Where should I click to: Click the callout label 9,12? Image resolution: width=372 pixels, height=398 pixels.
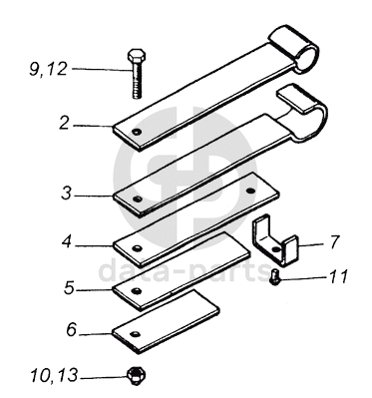pyautogui.click(x=48, y=70)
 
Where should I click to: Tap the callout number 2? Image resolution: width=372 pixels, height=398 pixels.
pyautogui.click(x=64, y=123)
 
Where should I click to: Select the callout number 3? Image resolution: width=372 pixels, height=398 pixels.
pyautogui.click(x=66, y=193)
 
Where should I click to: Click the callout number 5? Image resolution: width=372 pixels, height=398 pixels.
pyautogui.click(x=69, y=287)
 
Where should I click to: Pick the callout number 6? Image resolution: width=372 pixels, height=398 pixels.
pyautogui.click(x=72, y=330)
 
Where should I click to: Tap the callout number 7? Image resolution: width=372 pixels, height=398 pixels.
pyautogui.click(x=334, y=242)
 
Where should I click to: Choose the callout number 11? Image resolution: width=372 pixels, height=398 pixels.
pyautogui.click(x=338, y=276)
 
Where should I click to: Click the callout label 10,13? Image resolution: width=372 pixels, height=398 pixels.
pyautogui.click(x=54, y=376)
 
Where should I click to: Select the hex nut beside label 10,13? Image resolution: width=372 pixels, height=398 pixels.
pyautogui.click(x=137, y=376)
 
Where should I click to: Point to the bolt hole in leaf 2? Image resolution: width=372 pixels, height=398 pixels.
pyautogui.click(x=136, y=132)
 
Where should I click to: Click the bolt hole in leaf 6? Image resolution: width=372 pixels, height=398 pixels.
pyautogui.click(x=135, y=334)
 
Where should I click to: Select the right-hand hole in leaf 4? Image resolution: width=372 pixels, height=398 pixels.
pyautogui.click(x=250, y=191)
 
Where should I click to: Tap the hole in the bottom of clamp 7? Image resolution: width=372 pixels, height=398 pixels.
pyautogui.click(x=275, y=249)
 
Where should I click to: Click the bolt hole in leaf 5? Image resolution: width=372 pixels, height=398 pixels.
pyautogui.click(x=136, y=291)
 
